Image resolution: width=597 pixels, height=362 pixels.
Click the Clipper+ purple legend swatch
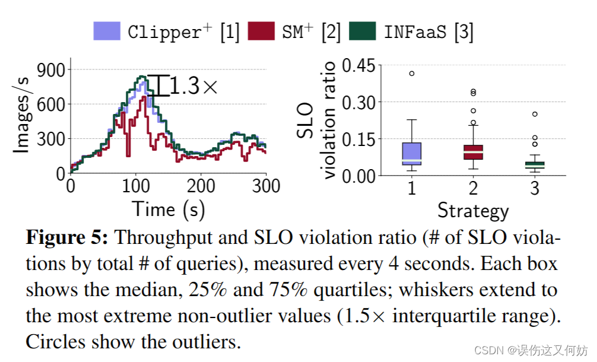pyautogui.click(x=107, y=31)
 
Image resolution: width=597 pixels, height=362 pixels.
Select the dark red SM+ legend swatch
pyautogui.click(x=261, y=31)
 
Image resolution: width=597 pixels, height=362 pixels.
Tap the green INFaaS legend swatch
pyautogui.click(x=363, y=31)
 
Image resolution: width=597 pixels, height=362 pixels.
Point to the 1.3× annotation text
pyautogui.click(x=194, y=87)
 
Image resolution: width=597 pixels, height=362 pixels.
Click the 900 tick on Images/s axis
pyautogui.click(x=50, y=70)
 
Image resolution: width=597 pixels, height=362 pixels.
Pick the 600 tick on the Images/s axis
pyautogui.click(x=50, y=104)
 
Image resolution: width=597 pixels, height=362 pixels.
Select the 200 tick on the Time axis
pyautogui.click(x=201, y=186)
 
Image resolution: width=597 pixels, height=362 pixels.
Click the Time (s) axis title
pyautogui.click(x=161, y=209)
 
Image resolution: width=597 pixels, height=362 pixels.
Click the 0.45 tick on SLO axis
pyautogui.click(x=358, y=65)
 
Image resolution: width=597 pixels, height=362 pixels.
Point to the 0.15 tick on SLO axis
pyautogui.click(x=358, y=139)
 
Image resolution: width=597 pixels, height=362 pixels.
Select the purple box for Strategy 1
pyautogui.click(x=411, y=153)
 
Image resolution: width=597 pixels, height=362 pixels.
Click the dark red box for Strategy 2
pyautogui.click(x=473, y=152)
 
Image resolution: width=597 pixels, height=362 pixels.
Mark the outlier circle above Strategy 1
pyautogui.click(x=411, y=74)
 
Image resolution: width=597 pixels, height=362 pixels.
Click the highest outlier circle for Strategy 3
pyautogui.click(x=535, y=114)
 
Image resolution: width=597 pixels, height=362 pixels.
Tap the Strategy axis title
pyautogui.click(x=473, y=210)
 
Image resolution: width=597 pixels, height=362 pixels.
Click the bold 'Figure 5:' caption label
pyautogui.click(x=67, y=238)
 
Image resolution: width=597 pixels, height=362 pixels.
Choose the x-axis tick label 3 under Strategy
pyautogui.click(x=535, y=188)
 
